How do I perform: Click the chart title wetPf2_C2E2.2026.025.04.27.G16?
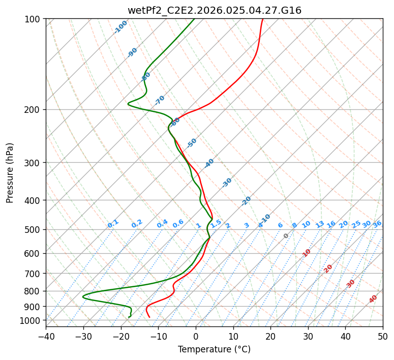(214, 10)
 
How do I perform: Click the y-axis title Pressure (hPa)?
(10, 173)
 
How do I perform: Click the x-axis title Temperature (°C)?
(214, 350)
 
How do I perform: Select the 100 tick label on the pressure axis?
(34, 19)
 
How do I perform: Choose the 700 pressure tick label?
(34, 274)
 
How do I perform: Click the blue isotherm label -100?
(120, 27)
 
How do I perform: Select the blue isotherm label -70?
(160, 100)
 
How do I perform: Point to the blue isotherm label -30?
(227, 182)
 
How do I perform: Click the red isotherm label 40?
(373, 298)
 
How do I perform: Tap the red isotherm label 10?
(307, 253)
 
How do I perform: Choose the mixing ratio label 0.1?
(113, 223)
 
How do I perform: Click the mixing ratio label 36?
(377, 224)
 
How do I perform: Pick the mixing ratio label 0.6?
(178, 224)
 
